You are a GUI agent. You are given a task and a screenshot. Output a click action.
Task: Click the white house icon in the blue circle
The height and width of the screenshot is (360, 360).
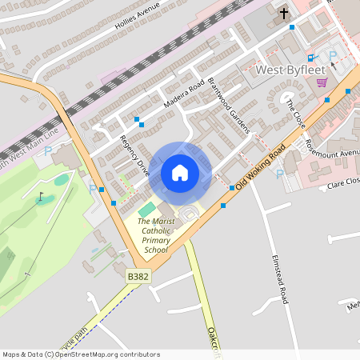[180, 172]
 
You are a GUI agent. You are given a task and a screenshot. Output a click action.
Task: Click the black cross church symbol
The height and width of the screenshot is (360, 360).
[283, 13]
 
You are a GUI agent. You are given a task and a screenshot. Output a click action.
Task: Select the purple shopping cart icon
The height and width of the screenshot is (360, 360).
[322, 82]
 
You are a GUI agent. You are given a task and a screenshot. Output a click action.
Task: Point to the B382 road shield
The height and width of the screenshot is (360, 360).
[138, 276]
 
